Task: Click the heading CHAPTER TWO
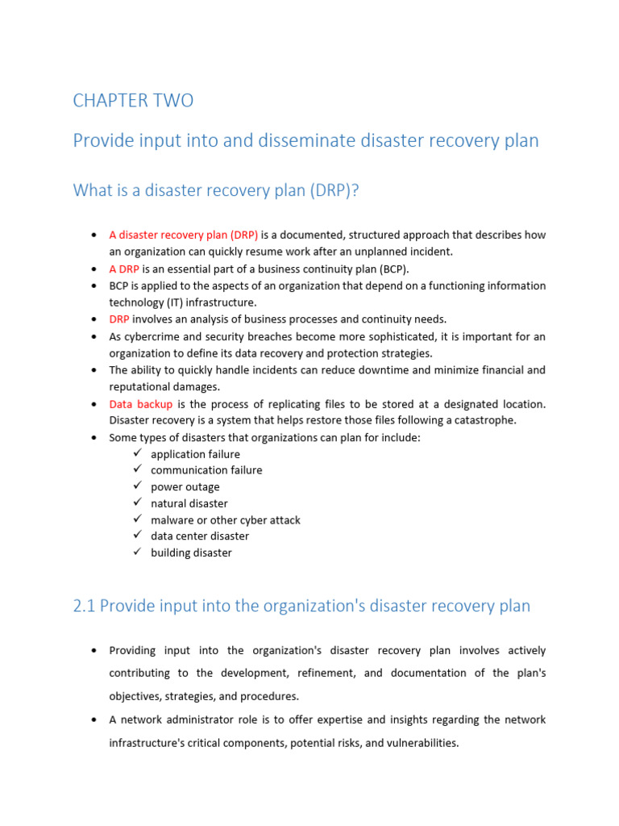tap(133, 101)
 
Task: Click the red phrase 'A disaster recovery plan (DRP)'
tap(184, 236)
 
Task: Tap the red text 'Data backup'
tap(140, 403)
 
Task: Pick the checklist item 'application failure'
tap(195, 454)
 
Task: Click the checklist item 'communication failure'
tap(206, 470)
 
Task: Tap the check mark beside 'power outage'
tap(137, 486)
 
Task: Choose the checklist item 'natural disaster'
tap(189, 503)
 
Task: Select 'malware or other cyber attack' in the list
tap(226, 520)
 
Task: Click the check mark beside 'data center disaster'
tap(137, 536)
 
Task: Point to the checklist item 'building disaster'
tap(191, 553)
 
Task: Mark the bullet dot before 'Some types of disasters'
tap(95, 438)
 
